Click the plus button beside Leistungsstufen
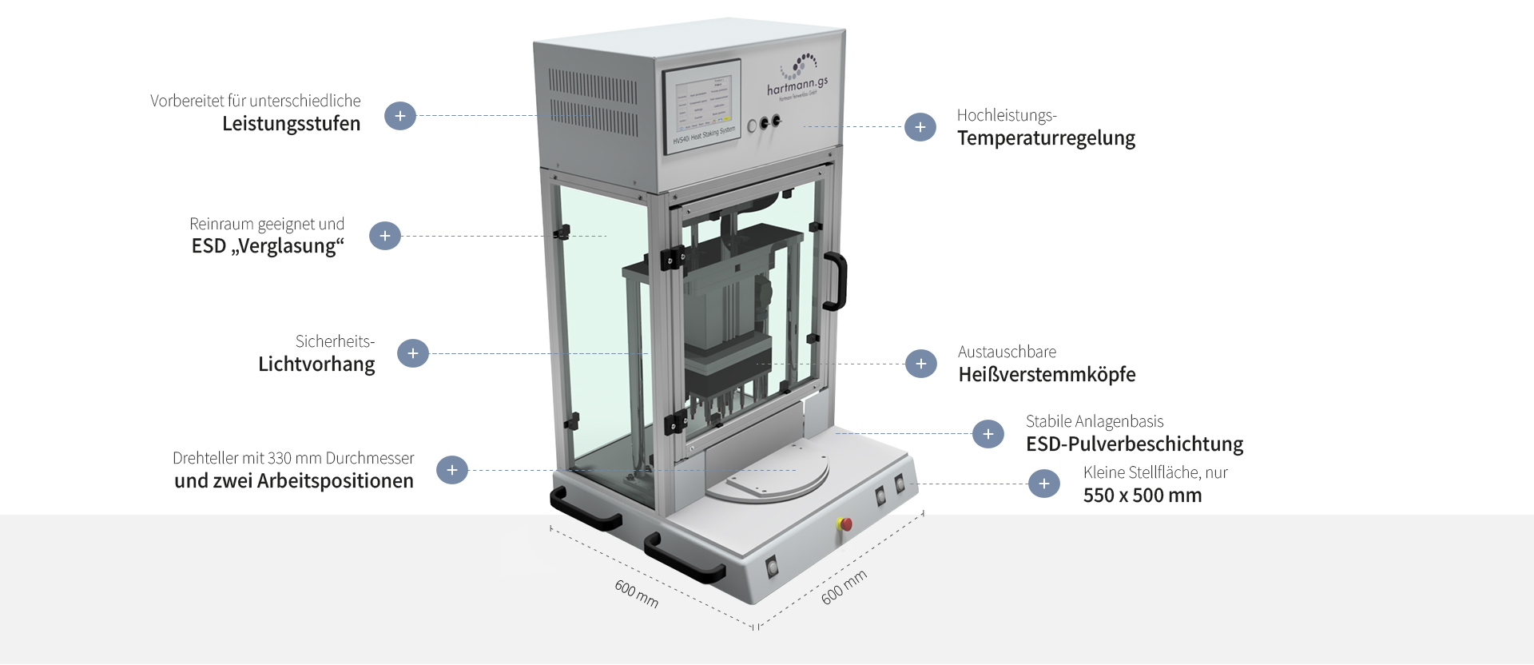point(400,116)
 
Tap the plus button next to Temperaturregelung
point(920,127)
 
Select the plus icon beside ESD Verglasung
point(385,236)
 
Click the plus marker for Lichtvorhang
point(413,353)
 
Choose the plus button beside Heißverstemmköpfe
point(921,364)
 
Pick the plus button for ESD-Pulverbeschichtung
point(988,434)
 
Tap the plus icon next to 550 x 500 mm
point(1044,484)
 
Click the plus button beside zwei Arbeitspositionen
point(452,470)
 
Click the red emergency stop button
point(844,524)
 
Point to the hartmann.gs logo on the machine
point(797,78)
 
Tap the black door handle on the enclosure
point(835,281)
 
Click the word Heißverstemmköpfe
point(1047,375)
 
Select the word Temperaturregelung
point(1046,138)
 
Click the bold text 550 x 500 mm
point(1143,496)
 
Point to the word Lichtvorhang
point(316,364)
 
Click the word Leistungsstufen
point(292,124)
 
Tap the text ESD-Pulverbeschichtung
point(1135,444)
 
